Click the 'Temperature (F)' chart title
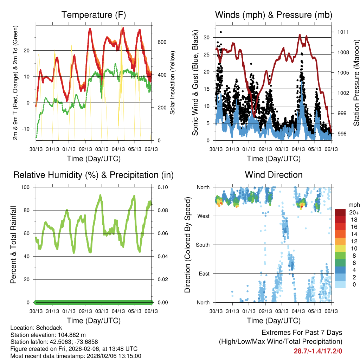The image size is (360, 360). point(94,15)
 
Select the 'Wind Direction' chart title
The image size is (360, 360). point(274,175)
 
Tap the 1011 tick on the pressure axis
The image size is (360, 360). point(342,32)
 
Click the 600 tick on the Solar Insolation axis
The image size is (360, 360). point(161,42)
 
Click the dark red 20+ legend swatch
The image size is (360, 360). point(340,212)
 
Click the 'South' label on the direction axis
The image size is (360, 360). point(202,245)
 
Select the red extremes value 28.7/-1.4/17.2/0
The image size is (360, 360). point(318,351)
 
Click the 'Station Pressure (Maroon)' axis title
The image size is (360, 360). point(356,83)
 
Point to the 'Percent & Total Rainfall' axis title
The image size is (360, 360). point(13,245)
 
